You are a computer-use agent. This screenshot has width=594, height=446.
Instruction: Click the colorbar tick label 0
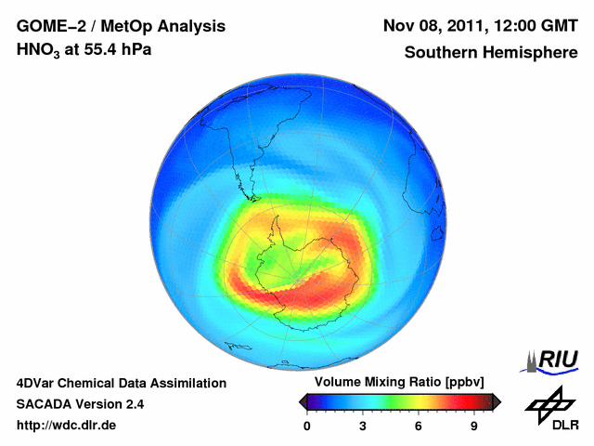point(307,426)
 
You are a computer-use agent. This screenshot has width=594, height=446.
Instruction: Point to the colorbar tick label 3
point(363,426)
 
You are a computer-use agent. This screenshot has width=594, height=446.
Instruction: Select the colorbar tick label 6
point(419,426)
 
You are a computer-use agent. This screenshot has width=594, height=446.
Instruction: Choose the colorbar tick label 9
point(474,426)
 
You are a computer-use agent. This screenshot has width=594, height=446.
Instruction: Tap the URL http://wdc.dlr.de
point(66,426)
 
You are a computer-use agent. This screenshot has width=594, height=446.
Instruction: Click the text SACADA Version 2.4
point(80,404)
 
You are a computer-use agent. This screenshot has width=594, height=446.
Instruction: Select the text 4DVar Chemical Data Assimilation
point(122,383)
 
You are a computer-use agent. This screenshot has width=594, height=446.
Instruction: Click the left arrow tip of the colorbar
point(302,401)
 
